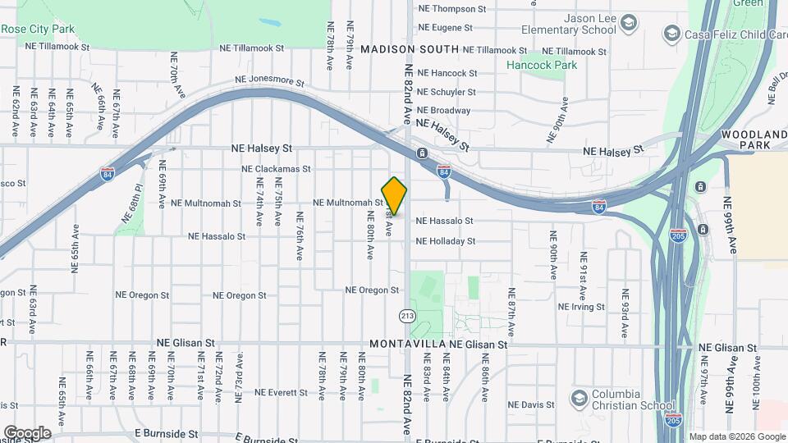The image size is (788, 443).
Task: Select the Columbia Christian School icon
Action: pyautogui.click(x=579, y=397)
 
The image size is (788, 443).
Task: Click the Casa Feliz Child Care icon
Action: pyautogui.click(x=672, y=33)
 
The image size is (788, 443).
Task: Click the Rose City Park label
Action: pyautogui.click(x=38, y=29)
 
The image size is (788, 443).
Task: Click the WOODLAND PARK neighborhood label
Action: pyautogui.click(x=754, y=139)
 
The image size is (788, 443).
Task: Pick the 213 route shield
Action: pyautogui.click(x=407, y=316)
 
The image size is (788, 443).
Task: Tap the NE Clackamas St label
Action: pyautogui.click(x=277, y=169)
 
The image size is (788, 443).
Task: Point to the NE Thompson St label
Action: pyautogui.click(x=452, y=9)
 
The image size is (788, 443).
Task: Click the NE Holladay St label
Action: pyautogui.click(x=446, y=241)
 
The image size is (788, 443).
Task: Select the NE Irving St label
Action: pyautogui.click(x=581, y=307)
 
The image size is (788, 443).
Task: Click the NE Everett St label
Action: pyautogui.click(x=281, y=393)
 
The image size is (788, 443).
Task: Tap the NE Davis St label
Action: pyautogui.click(x=531, y=405)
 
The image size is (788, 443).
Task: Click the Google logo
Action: pyautogui.click(x=27, y=432)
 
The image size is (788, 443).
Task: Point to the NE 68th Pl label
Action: pyautogui.click(x=135, y=197)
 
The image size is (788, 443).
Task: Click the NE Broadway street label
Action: pyautogui.click(x=444, y=111)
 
